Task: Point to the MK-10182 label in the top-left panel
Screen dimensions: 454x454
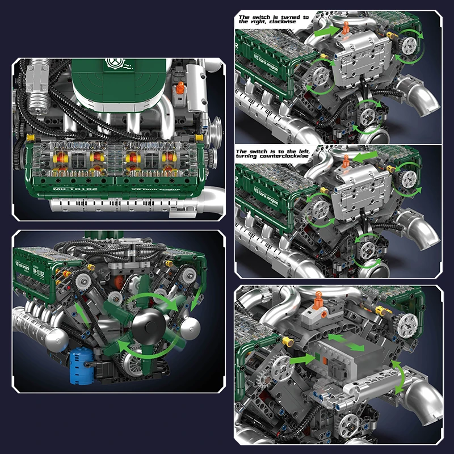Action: pos(66,188)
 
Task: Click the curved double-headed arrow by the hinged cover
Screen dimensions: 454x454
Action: pos(401,377)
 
